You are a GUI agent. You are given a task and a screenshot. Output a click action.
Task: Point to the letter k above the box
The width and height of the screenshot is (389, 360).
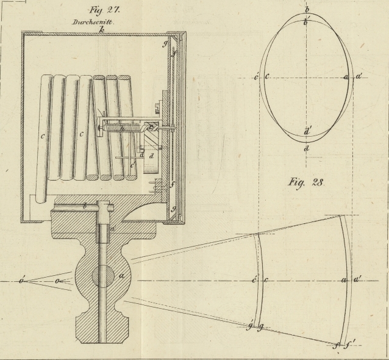click(102, 29)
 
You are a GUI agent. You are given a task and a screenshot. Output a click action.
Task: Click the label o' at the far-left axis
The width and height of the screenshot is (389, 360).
click(22, 281)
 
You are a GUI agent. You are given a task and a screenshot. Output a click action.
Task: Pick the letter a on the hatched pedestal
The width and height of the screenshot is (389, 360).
click(121, 276)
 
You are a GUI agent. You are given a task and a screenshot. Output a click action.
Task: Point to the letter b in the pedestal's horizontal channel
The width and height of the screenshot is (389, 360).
click(85, 206)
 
